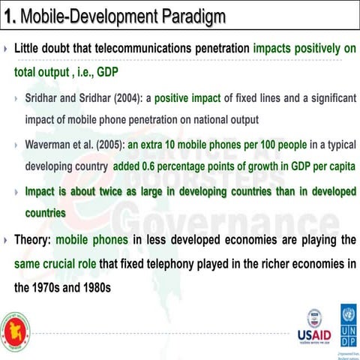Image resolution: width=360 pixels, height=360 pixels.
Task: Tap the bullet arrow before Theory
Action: point(6,240)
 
